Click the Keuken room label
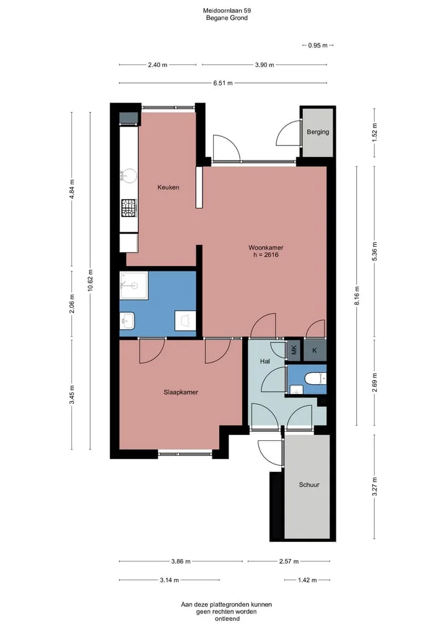[168, 187]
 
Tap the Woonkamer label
[266, 247]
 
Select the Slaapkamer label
[181, 392]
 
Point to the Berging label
[318, 132]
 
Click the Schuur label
[309, 485]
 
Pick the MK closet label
[294, 350]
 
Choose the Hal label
[265, 361]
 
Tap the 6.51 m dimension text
[223, 83]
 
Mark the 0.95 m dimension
[318, 45]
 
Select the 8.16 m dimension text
[357, 296]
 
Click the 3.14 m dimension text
[169, 580]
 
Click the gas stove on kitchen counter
[129, 208]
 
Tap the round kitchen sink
[129, 176]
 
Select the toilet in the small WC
[315, 379]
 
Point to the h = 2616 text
[266, 255]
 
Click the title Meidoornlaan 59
[227, 11]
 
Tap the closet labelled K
[315, 350]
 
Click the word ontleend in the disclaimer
[227, 618]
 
